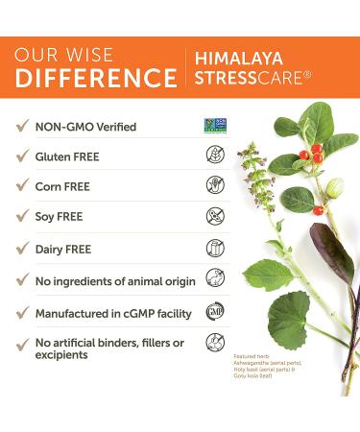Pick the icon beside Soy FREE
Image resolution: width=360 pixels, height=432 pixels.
(x=214, y=216)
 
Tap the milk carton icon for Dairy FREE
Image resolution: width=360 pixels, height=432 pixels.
(x=214, y=248)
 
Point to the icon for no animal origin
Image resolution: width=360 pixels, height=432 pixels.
(x=214, y=280)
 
